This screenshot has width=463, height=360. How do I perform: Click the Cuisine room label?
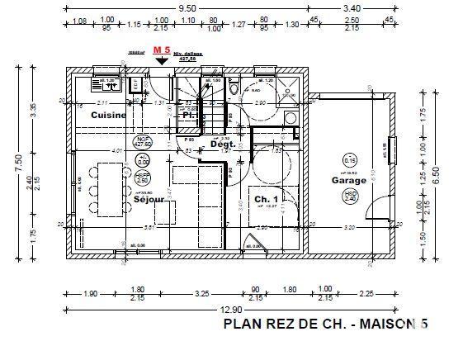109,116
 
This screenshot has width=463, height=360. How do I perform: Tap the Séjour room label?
147,199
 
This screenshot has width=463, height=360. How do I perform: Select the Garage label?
348,180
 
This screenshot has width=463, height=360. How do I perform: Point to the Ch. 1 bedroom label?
266,200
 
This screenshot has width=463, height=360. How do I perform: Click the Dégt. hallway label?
223,144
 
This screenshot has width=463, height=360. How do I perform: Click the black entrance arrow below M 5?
162,62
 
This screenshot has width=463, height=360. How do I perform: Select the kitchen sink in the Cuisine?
110,83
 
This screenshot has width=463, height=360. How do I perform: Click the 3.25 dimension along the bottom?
201,292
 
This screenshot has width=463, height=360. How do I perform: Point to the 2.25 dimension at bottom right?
366,292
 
